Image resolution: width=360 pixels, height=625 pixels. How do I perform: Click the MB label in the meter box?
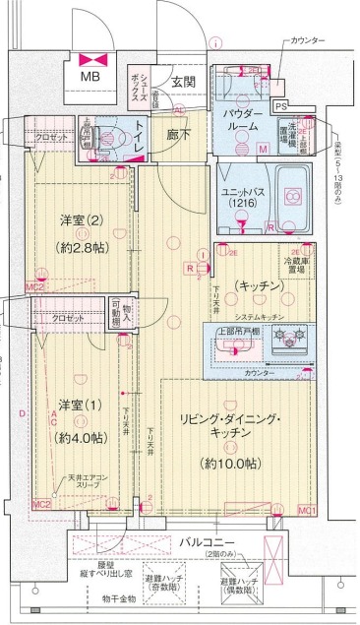click(89, 76)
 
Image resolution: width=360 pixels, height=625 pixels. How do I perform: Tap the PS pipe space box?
click(280, 106)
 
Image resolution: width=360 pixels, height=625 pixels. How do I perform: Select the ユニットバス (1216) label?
click(240, 196)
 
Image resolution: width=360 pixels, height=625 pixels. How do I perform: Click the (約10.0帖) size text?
click(232, 463)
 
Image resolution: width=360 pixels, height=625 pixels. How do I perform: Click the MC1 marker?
click(307, 509)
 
